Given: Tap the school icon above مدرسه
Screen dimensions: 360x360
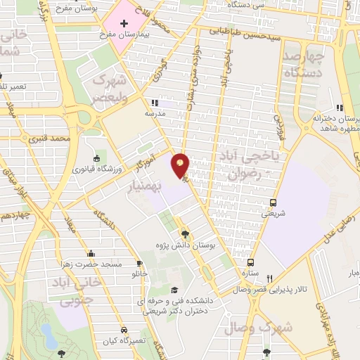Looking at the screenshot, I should click(x=155, y=102).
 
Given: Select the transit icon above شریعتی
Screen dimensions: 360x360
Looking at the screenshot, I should click(x=274, y=205).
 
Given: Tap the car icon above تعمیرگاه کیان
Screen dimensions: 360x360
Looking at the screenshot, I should click(x=124, y=329).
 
